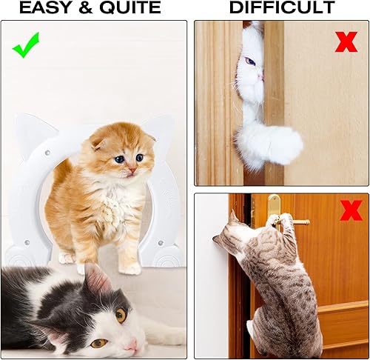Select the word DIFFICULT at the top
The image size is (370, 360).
(282, 8)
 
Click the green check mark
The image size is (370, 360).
(26, 45)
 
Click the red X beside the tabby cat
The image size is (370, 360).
(351, 210)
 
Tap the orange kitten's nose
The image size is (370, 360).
(131, 170)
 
